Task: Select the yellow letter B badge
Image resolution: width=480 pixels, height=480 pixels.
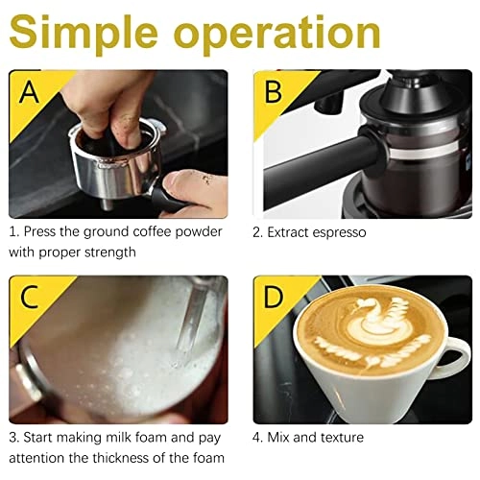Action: pyautogui.click(x=272, y=92)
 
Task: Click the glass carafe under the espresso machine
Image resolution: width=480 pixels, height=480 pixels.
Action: pyautogui.click(x=413, y=154)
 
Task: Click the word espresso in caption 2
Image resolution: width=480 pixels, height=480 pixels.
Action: pyautogui.click(x=337, y=232)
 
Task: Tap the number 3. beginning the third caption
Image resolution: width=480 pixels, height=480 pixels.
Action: pyautogui.click(x=14, y=438)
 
